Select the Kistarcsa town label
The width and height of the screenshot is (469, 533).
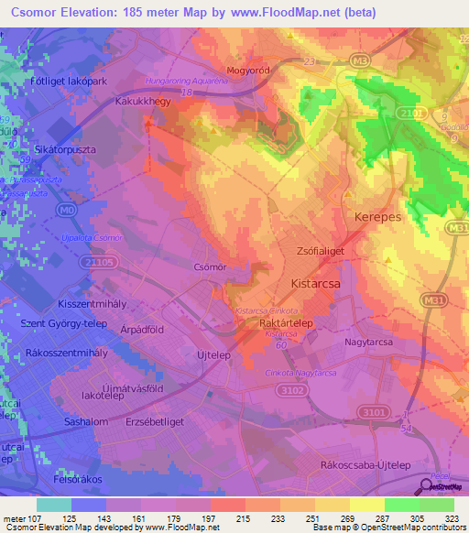click(317, 284)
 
